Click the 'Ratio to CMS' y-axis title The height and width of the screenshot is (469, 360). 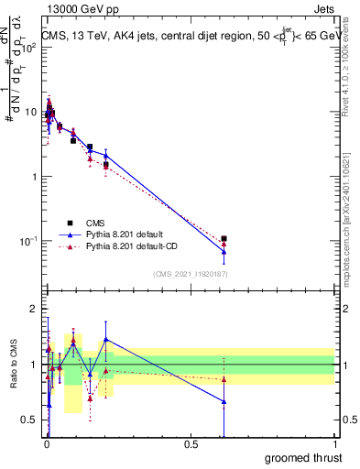click(14, 364)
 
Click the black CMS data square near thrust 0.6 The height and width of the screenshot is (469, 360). click(224, 238)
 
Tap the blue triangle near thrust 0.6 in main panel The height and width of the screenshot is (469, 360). click(224, 251)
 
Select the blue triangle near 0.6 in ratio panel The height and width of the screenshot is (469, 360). click(224, 401)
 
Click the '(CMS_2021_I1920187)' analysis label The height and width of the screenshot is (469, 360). click(190, 273)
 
